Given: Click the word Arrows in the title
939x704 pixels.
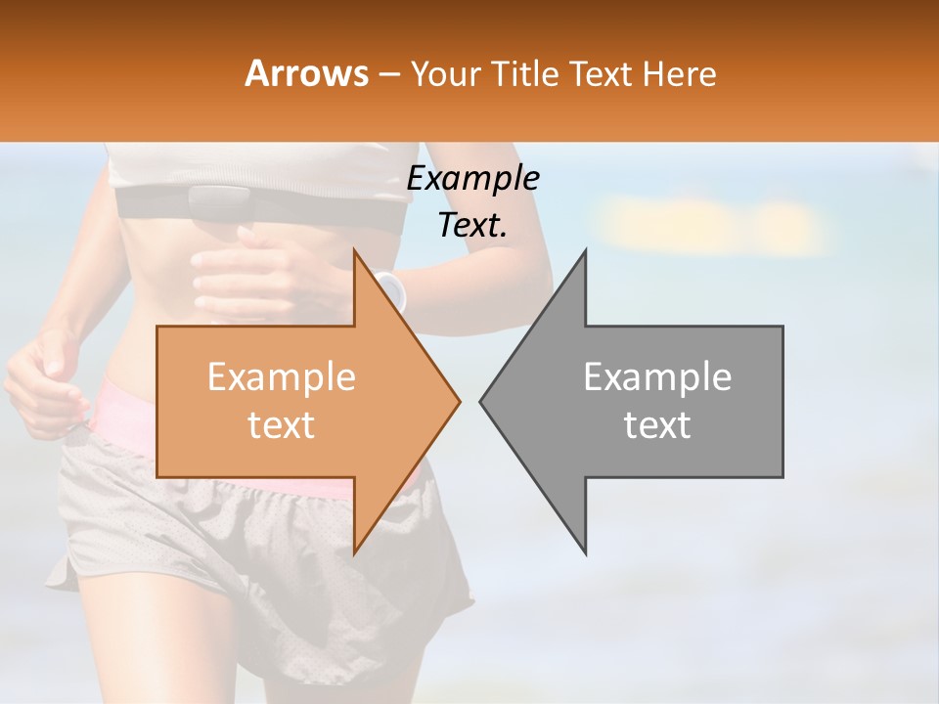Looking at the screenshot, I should (307, 73).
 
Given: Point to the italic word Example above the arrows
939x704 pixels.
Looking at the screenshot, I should (472, 178).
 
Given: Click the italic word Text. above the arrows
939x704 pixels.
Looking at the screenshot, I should (472, 226).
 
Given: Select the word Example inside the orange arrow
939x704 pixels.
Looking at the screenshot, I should (281, 377).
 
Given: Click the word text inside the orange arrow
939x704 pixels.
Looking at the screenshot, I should (281, 425).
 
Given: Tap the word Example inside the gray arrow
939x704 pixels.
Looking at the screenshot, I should (657, 377).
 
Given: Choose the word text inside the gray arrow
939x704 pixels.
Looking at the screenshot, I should (657, 425).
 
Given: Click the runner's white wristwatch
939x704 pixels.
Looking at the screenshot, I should (392, 290).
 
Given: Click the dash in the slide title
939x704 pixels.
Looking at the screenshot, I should (388, 74).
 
